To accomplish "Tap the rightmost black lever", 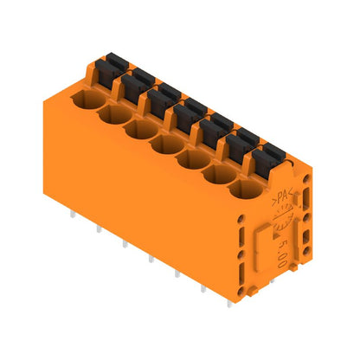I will point(265,153).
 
